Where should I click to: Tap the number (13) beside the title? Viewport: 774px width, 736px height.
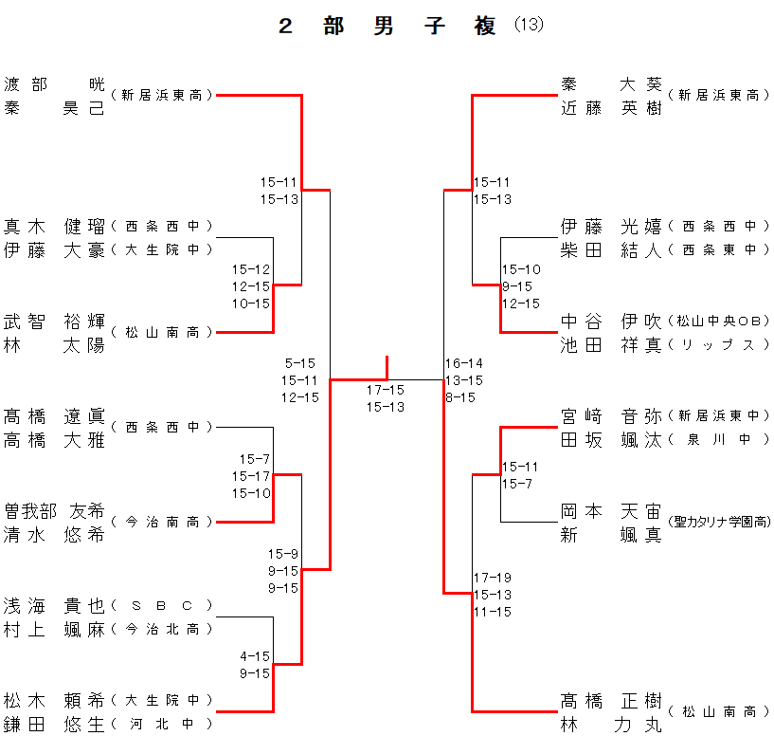point(530,26)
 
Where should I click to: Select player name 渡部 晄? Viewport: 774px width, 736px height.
point(54,83)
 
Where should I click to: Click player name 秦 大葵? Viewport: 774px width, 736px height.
point(611,83)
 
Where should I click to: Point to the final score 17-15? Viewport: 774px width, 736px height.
point(386,389)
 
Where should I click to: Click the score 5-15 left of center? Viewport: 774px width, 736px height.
point(299,362)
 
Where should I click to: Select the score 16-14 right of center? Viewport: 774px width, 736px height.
point(464,362)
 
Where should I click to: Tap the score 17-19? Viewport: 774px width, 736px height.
point(493,577)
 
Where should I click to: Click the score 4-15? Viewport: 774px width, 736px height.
point(255,655)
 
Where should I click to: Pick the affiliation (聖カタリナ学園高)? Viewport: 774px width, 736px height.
point(718,522)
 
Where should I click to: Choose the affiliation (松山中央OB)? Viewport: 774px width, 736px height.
point(718,321)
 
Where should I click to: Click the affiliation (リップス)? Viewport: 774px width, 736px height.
point(718,344)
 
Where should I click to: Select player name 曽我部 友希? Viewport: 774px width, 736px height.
point(54,510)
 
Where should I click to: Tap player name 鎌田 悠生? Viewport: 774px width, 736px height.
point(54,724)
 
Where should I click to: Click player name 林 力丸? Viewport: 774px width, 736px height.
point(611,724)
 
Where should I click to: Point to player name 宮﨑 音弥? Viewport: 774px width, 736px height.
point(611,415)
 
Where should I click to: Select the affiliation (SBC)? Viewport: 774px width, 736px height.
point(161,605)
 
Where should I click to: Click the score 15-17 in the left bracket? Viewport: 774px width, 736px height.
point(255,476)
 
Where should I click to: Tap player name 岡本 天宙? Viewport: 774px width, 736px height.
point(611,510)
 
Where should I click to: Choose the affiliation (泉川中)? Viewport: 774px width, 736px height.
point(718,439)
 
